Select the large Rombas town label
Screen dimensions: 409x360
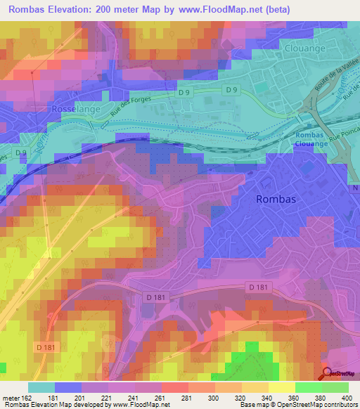click(x=276, y=199)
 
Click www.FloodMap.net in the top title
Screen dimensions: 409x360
click(x=223, y=10)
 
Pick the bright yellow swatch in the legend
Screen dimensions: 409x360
click(x=281, y=387)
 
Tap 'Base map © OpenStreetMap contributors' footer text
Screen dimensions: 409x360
click(x=297, y=405)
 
